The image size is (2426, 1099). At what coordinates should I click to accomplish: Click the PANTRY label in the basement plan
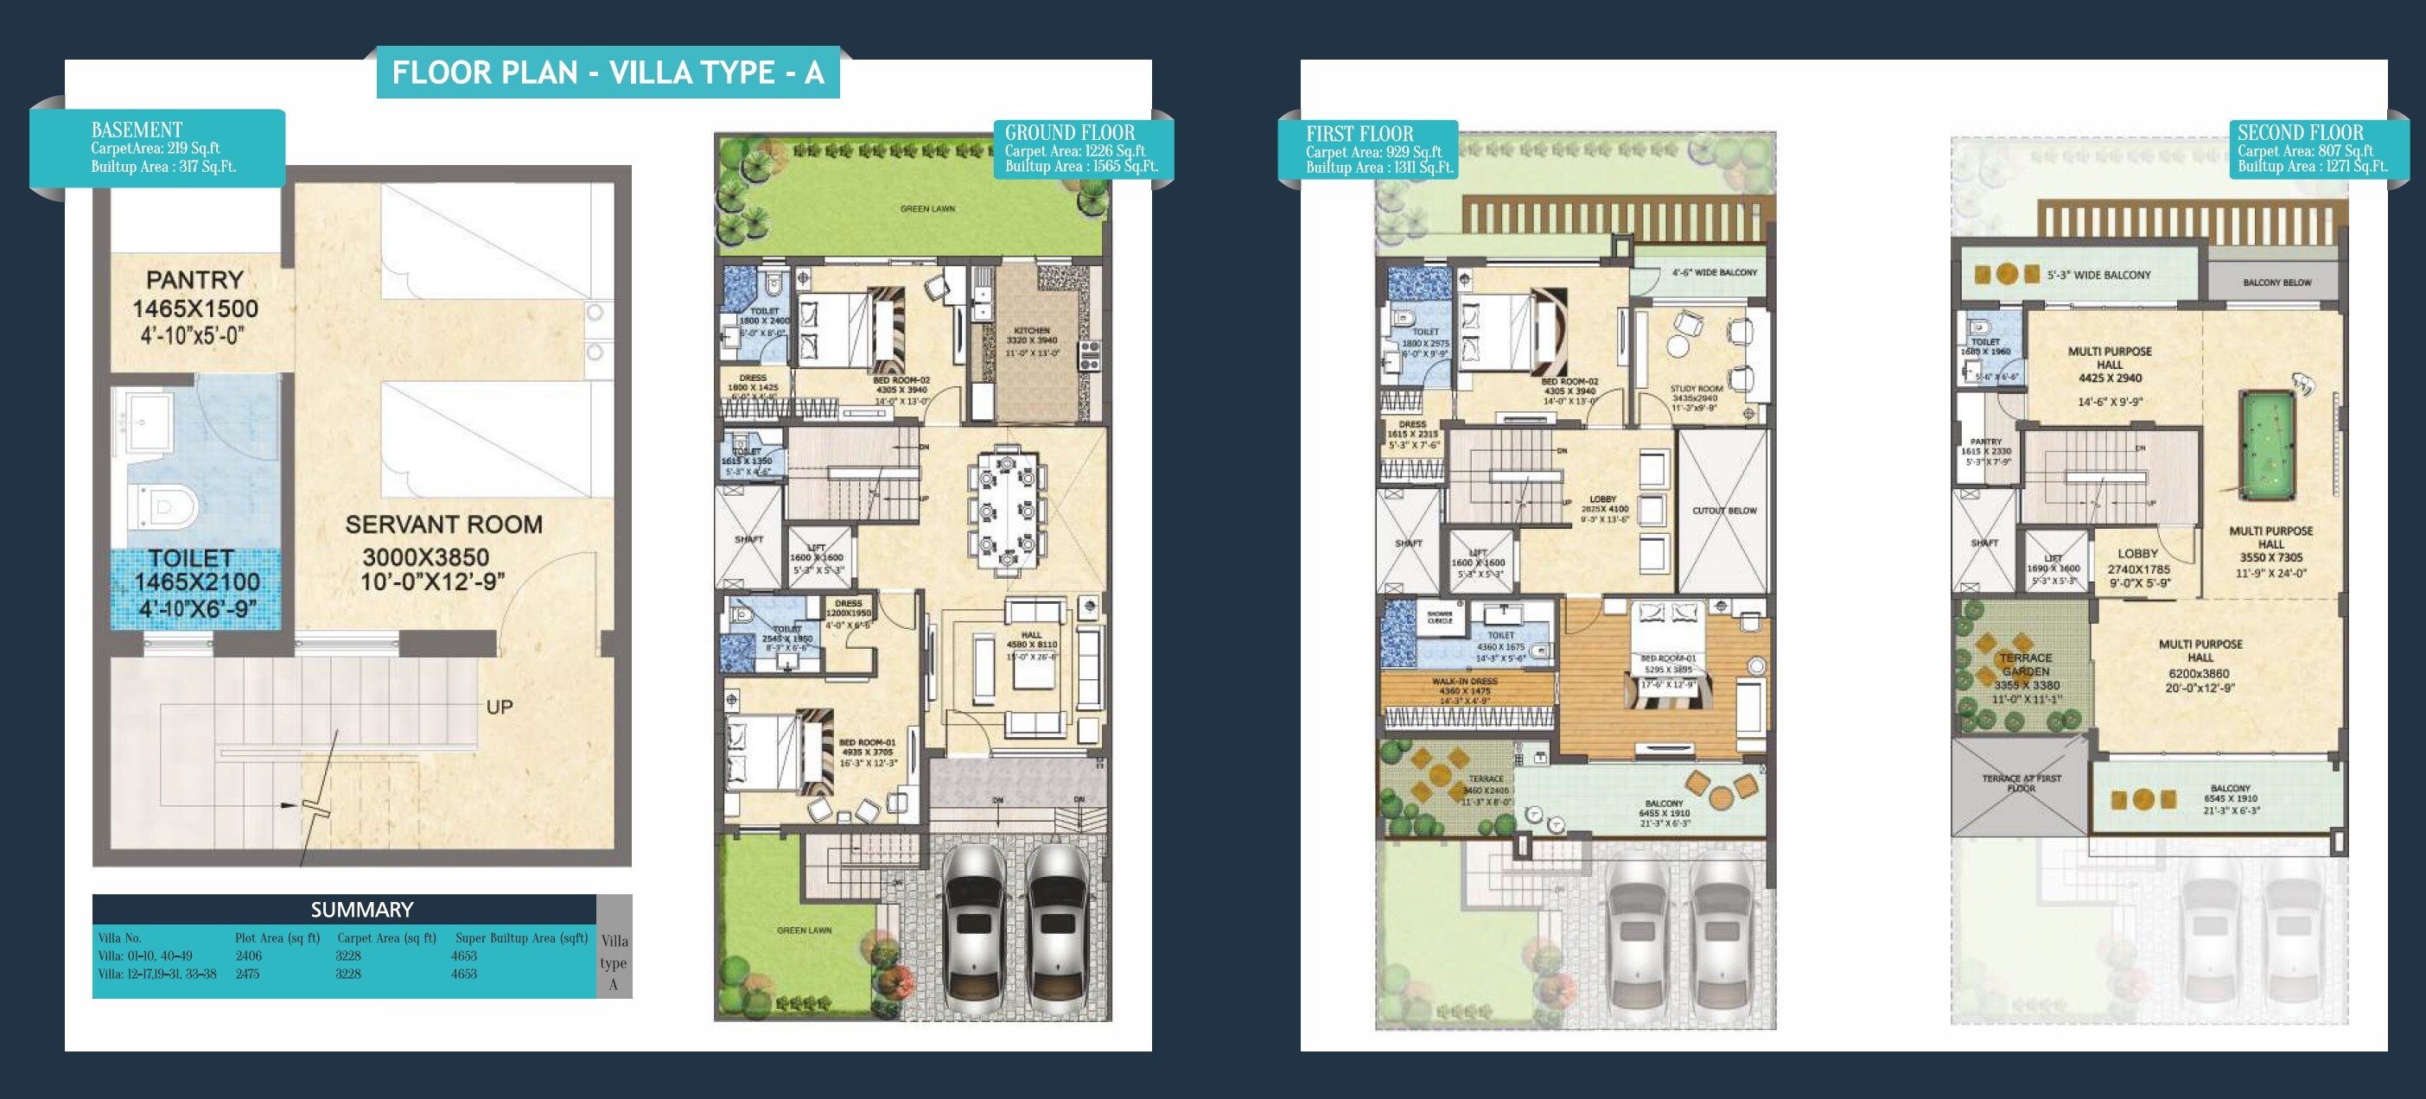click(195, 281)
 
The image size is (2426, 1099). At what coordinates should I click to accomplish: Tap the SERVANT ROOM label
click(443, 524)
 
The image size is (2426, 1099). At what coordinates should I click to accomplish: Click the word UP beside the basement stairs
click(500, 708)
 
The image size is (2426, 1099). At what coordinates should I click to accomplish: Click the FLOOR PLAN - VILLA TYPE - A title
click(608, 73)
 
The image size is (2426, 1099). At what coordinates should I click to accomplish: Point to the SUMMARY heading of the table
click(361, 910)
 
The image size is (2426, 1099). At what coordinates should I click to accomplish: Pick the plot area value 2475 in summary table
click(248, 974)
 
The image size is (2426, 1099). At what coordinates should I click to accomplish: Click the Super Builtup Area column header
click(521, 938)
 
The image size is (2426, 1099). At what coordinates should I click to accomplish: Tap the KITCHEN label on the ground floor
click(1031, 331)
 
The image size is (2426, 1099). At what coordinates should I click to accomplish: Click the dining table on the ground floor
click(1007, 513)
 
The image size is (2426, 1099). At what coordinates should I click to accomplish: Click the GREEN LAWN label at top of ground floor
click(926, 209)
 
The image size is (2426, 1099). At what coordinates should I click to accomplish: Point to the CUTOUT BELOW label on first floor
click(1723, 511)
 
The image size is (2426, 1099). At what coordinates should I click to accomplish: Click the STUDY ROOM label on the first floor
click(1697, 388)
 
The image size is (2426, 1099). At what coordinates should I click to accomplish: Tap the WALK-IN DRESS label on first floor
click(1464, 681)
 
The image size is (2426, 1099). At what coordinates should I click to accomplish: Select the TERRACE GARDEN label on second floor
click(2026, 665)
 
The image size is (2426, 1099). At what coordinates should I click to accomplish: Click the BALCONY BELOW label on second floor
click(2276, 283)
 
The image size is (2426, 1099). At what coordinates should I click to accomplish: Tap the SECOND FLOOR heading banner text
click(2300, 133)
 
